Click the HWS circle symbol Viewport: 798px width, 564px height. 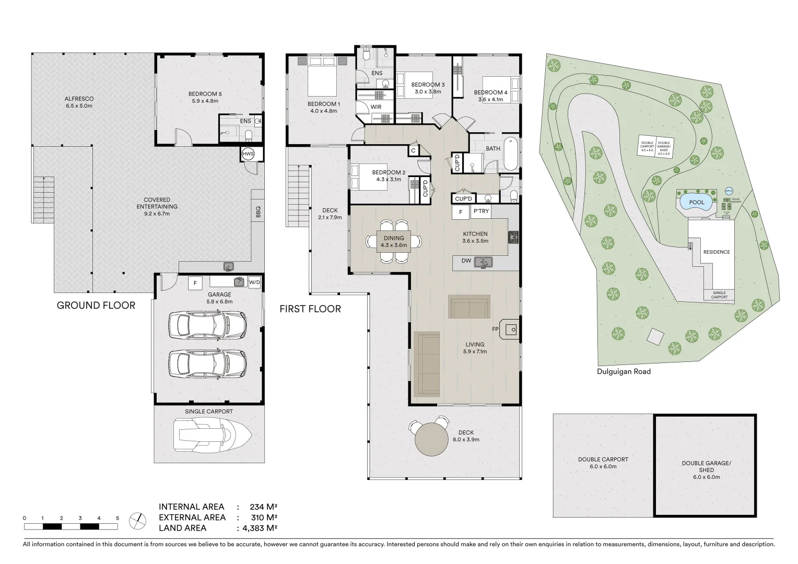[248, 154]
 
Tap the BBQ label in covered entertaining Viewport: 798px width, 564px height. [257, 211]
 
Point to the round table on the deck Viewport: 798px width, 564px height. [431, 439]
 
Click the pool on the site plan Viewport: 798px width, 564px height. [697, 202]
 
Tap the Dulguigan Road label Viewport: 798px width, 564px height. [624, 372]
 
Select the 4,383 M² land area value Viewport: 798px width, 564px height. [260, 528]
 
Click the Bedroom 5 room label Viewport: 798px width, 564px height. [203, 95]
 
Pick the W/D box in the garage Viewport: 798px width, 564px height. [254, 283]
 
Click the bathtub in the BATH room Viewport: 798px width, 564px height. [511, 154]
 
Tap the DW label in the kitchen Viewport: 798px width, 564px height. [466, 261]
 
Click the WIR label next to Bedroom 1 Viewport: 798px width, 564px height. [376, 107]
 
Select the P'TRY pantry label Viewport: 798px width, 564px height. [480, 211]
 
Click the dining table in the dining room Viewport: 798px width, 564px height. [394, 241]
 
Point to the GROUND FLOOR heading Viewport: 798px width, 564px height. [96, 305]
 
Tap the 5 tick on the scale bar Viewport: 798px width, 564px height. [118, 519]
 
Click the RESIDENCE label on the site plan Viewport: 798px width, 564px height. [716, 252]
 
